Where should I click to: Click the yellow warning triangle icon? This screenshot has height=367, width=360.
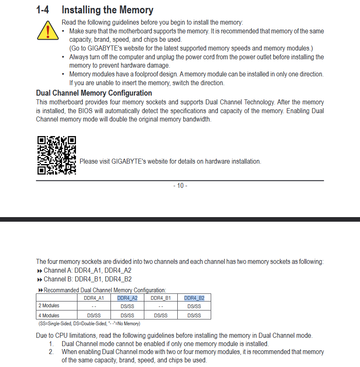pos(48,30)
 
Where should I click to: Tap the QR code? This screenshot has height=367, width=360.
pos(57,155)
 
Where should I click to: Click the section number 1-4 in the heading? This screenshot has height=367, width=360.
pos(43,10)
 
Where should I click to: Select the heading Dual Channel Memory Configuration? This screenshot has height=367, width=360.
pos(94,93)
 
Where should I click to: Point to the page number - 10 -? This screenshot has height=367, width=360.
pos(180,185)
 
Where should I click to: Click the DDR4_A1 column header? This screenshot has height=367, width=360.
pos(94,298)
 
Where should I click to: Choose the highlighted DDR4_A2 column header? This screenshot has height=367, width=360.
pos(127,298)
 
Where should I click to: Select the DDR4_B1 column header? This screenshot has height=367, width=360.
pos(161,298)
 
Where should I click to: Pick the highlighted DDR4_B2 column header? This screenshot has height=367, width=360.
pos(194,298)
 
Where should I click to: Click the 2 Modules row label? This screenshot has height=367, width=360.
pos(49,306)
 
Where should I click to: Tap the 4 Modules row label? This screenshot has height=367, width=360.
pos(49,316)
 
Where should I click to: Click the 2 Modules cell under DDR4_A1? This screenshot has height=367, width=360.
pos(94,306)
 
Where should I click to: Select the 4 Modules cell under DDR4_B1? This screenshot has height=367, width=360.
pos(161,316)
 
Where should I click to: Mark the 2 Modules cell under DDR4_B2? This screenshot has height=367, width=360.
pos(194,306)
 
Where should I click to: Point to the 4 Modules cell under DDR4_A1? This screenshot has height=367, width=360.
pos(94,316)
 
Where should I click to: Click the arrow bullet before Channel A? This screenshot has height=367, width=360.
pos(40,271)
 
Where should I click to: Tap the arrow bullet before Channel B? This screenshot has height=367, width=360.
pos(40,279)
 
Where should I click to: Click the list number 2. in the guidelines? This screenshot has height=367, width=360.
pos(51,352)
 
